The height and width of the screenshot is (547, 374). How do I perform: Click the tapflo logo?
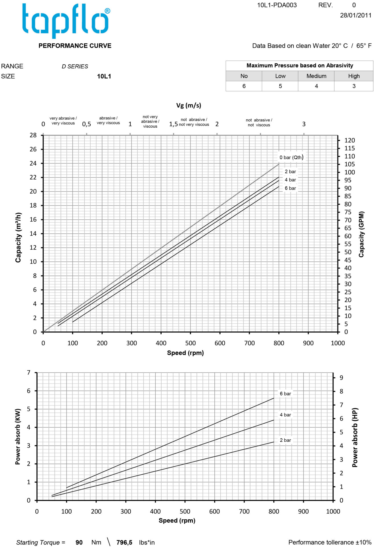pyautogui.click(x=66, y=21)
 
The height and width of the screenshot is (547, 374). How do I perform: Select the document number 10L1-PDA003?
pyautogui.click(x=277, y=5)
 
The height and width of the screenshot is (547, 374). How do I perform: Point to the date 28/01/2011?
pyautogui.click(x=355, y=15)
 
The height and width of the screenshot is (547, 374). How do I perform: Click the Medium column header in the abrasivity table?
pyautogui.click(x=316, y=76)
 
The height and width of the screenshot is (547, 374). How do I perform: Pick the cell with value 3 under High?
pyautogui.click(x=354, y=86)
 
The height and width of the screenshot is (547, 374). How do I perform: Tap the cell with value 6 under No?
pyautogui.click(x=244, y=86)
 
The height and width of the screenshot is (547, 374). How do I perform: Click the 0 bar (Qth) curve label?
pyautogui.click(x=291, y=157)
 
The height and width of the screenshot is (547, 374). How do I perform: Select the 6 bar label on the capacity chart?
pyautogui.click(x=290, y=188)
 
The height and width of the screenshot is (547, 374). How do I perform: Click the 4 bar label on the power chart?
pyautogui.click(x=285, y=415)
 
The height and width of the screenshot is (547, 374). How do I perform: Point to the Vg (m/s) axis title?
pyautogui.click(x=188, y=105)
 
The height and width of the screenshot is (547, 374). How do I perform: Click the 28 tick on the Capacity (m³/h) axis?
pyautogui.click(x=33, y=135)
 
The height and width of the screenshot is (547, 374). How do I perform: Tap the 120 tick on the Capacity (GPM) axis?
pyautogui.click(x=349, y=140)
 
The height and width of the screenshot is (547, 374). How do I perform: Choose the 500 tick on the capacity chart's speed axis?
pyautogui.click(x=190, y=343)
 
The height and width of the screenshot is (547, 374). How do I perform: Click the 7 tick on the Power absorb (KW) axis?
pyautogui.click(x=29, y=372)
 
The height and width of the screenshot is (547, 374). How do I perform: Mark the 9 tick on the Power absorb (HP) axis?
pyautogui.click(x=341, y=378)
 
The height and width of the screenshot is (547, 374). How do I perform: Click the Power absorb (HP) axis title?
pyautogui.click(x=355, y=437)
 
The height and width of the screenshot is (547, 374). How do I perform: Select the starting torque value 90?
pyautogui.click(x=79, y=542)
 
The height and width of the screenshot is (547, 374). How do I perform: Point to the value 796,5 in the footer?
pyautogui.click(x=124, y=542)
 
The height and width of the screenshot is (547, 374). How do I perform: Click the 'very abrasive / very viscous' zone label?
pyautogui.click(x=63, y=121)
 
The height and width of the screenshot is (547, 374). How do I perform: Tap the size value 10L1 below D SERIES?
pyautogui.click(x=104, y=76)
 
